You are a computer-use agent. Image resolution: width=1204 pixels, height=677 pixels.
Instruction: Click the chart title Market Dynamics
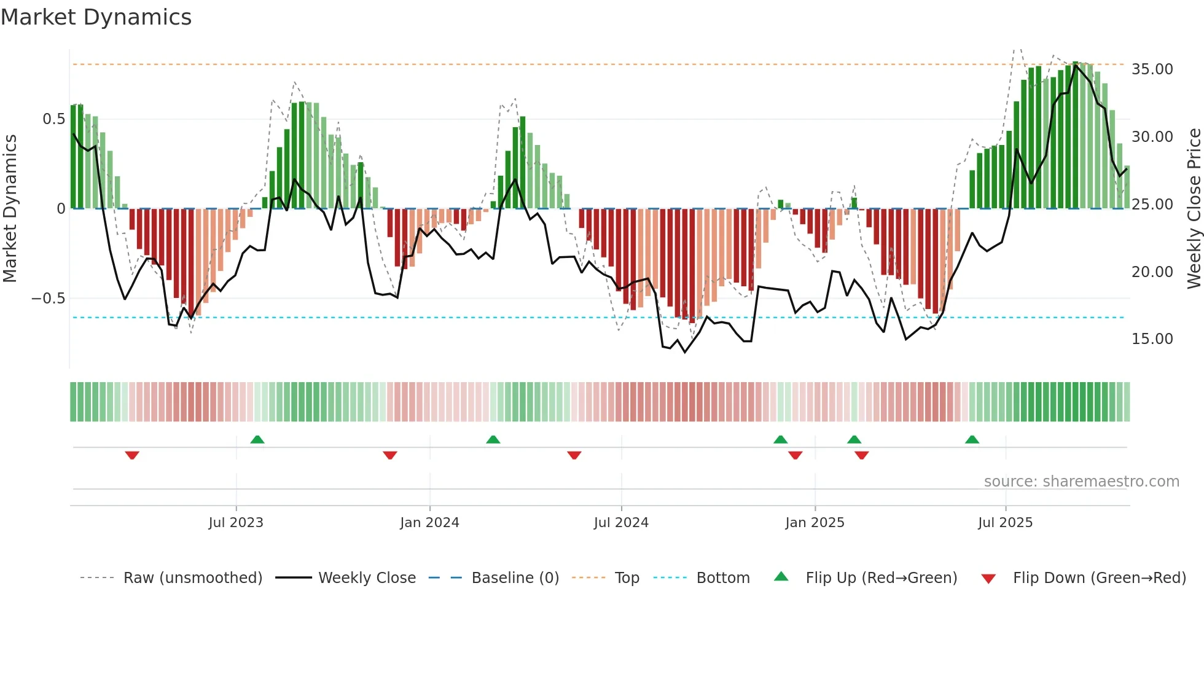(x=96, y=17)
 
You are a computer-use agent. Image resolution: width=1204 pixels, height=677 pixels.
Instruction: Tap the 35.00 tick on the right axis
(x=1152, y=69)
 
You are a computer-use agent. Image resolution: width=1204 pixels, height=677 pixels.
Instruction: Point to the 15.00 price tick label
(x=1152, y=339)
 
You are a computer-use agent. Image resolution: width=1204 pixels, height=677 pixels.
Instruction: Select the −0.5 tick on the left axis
(x=48, y=299)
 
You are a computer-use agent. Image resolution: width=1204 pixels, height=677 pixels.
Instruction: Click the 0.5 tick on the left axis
(x=53, y=119)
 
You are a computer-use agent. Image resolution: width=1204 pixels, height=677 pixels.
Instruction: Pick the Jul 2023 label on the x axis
(x=235, y=523)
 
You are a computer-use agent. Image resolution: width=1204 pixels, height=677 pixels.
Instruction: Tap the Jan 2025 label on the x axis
(x=815, y=523)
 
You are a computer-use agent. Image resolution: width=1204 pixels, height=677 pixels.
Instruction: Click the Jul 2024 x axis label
(x=621, y=523)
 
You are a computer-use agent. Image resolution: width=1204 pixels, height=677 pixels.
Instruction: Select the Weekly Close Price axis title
(x=1194, y=208)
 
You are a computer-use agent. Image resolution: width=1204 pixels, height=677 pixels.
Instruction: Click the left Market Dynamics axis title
(x=10, y=208)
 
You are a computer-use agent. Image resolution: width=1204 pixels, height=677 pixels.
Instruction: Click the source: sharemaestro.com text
(x=1081, y=482)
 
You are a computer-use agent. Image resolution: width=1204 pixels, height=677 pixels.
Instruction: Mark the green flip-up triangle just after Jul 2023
(x=257, y=439)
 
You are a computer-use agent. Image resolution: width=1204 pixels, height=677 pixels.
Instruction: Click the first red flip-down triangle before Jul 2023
(x=132, y=455)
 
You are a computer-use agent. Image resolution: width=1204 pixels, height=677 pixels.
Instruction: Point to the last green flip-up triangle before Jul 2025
(x=972, y=439)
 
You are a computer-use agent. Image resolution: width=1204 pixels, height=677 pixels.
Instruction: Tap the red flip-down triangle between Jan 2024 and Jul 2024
(x=574, y=455)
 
